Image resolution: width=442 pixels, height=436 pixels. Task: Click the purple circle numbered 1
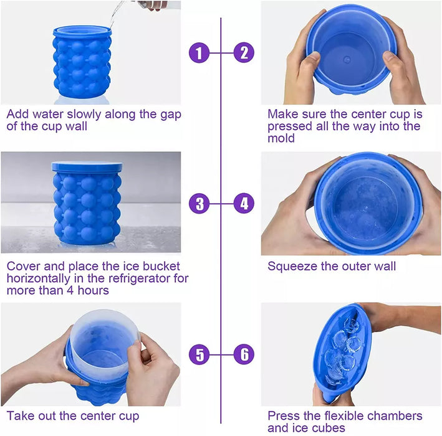click(199, 52)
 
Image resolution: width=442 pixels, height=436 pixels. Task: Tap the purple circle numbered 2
click(244, 52)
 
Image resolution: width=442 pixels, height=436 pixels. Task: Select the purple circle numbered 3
click(199, 204)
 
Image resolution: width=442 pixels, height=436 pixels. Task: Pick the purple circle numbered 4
click(244, 204)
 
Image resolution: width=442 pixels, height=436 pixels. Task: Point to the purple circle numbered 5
click(199, 355)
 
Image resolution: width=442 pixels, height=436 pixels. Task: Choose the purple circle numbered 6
click(244, 355)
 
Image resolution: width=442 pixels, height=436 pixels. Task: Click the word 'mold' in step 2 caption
click(281, 139)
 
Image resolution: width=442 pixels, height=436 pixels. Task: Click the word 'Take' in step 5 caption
click(20, 415)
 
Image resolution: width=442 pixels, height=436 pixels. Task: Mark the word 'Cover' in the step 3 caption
click(22, 267)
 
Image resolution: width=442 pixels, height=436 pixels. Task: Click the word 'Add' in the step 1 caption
click(17, 115)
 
